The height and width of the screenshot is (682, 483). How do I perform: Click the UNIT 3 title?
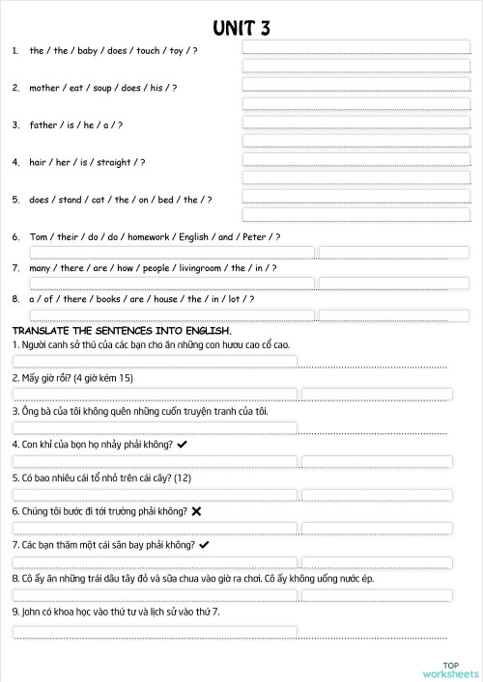[241, 28]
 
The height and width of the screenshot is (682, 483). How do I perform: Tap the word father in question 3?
[43, 124]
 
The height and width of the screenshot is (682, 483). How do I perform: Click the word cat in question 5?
[99, 200]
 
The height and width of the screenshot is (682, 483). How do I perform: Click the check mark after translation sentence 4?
[183, 444]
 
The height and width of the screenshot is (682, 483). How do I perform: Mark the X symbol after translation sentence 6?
[196, 510]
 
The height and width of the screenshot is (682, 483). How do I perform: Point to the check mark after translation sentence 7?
[204, 544]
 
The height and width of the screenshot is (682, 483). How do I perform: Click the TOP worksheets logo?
[450, 668]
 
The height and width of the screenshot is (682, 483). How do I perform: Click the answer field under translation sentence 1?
[155, 362]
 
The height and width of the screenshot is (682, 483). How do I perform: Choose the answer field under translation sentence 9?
[155, 632]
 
